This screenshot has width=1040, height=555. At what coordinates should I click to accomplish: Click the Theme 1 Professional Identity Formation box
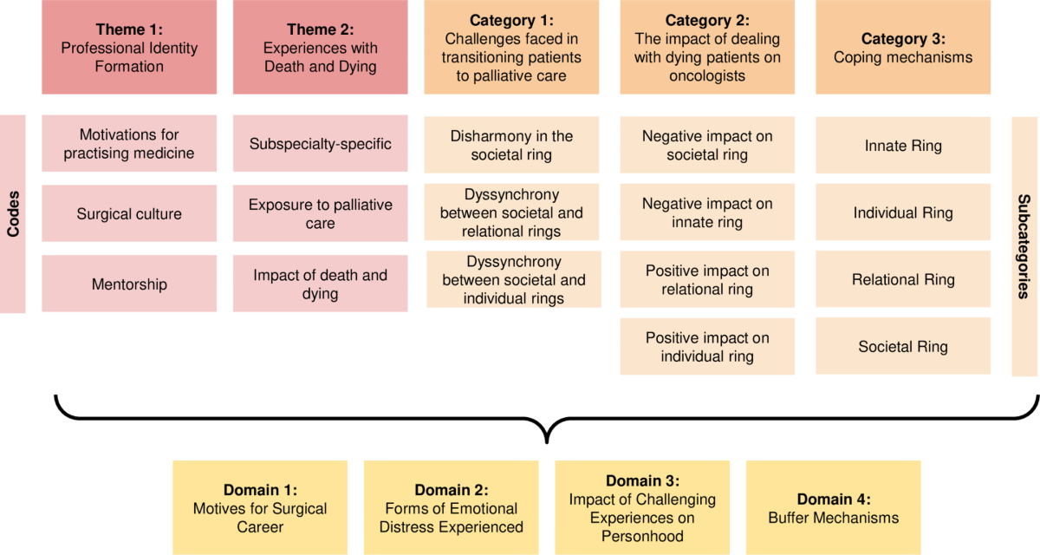(129, 47)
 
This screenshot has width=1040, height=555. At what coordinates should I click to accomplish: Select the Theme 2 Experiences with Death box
(321, 47)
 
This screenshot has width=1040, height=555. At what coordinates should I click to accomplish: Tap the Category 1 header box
(511, 47)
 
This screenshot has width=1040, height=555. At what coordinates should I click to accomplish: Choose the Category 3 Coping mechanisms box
(903, 48)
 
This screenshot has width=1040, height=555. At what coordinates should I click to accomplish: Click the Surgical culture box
(129, 213)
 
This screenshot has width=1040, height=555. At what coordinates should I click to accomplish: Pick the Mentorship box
(129, 284)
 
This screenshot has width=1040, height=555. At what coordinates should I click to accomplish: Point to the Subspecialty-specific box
(321, 144)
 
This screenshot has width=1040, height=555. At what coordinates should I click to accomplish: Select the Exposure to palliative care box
(321, 213)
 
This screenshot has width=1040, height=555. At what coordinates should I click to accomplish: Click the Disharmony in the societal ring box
(511, 145)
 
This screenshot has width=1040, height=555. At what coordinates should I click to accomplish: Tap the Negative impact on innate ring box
(707, 212)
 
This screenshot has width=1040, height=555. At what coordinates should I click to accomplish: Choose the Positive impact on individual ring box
(707, 347)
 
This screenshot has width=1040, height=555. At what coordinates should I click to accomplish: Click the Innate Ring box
(903, 146)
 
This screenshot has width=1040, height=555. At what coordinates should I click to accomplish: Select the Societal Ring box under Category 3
(903, 346)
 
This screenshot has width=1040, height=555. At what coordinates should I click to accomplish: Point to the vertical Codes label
(13, 213)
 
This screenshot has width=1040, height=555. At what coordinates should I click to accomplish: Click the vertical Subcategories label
(1024, 246)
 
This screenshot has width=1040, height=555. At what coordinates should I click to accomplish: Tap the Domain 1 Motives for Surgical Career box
(260, 507)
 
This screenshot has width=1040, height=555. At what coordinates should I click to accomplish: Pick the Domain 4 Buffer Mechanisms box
(833, 507)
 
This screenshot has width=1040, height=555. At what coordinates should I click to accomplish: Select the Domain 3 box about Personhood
(642, 507)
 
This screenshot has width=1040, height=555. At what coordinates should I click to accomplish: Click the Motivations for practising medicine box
(129, 144)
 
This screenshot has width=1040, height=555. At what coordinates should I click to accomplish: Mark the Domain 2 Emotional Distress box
(451, 507)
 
